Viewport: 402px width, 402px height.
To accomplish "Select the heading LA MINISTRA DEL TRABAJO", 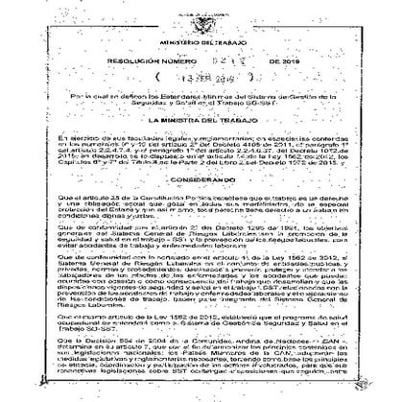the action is point(201,129).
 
